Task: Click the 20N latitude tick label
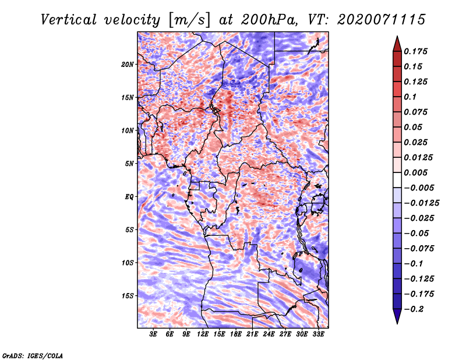point(128,65)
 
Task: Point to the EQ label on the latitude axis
point(129,197)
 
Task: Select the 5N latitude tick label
point(129,164)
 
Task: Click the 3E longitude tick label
point(153,334)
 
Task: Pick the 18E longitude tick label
point(236,334)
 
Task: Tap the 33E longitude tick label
point(318,334)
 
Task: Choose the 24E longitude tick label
point(269,334)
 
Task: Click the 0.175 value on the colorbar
point(415,51)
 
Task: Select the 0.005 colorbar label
point(415,172)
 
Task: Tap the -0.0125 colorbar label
point(421,203)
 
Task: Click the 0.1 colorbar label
point(410,97)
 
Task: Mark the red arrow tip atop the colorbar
point(397,36)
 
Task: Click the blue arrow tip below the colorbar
point(397,323)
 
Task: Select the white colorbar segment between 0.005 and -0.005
point(397,180)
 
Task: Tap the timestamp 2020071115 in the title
point(382,20)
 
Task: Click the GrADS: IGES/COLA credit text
point(33,355)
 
